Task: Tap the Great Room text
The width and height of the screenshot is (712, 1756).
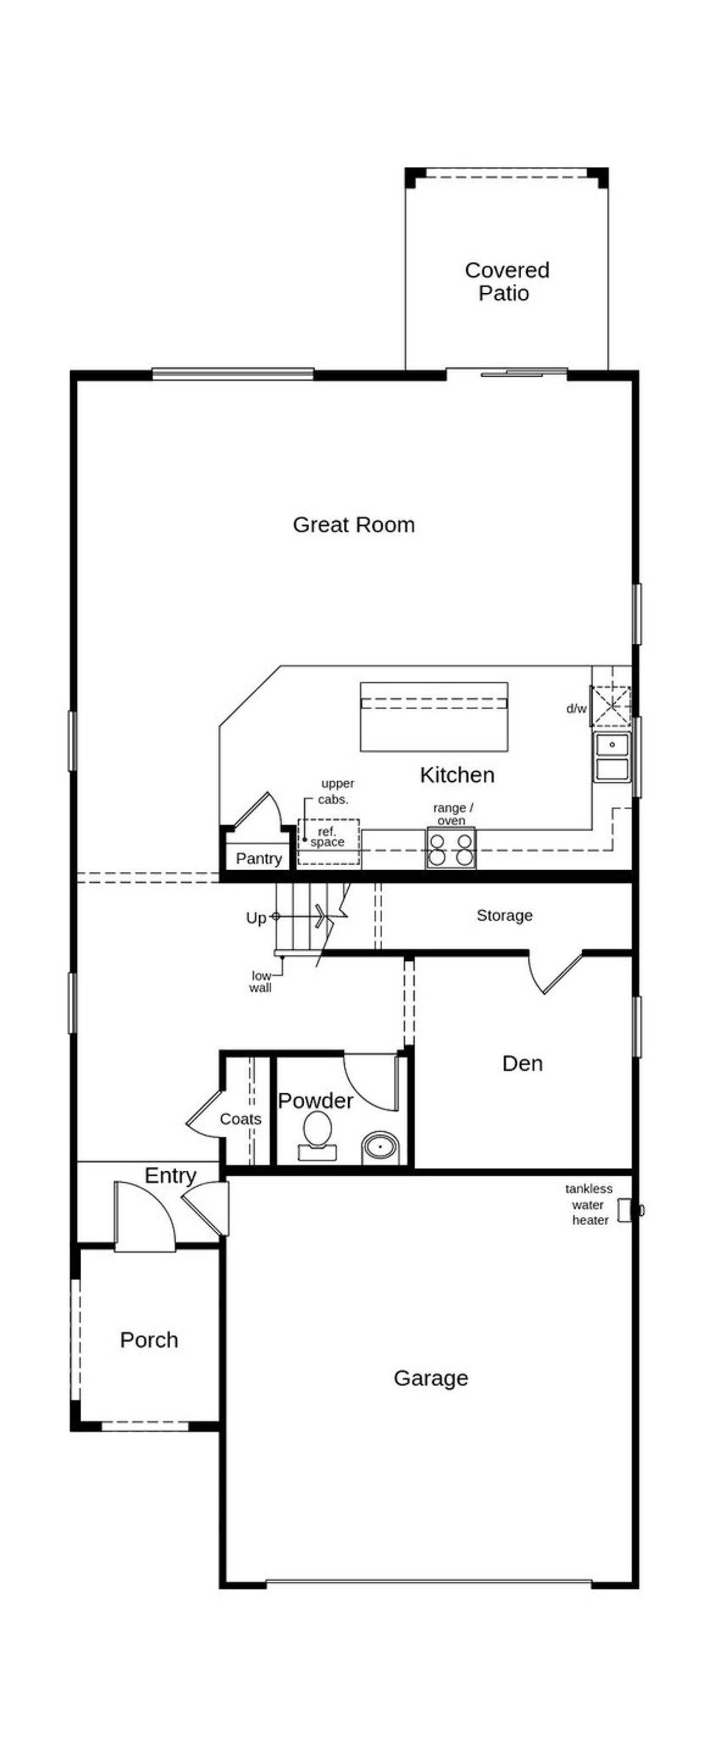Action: pos(354,524)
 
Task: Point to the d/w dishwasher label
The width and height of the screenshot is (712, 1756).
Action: pos(576,708)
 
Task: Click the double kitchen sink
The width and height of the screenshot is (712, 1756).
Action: pos(611,757)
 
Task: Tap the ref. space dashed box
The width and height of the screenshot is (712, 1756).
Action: pos(328,842)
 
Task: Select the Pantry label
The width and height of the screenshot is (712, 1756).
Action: pos(258,858)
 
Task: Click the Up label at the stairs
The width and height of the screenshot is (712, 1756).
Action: pos(255,918)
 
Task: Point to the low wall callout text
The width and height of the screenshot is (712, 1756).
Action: pos(260,981)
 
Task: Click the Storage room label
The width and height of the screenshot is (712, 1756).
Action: pos(504,915)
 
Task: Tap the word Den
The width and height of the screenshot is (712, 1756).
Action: pos(522,1063)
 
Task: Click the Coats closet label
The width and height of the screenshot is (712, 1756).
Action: pos(240,1118)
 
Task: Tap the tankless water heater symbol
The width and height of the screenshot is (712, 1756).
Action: pos(625,1211)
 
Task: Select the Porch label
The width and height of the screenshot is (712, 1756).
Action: pos(149,1339)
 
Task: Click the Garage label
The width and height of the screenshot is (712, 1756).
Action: pos(431,1378)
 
